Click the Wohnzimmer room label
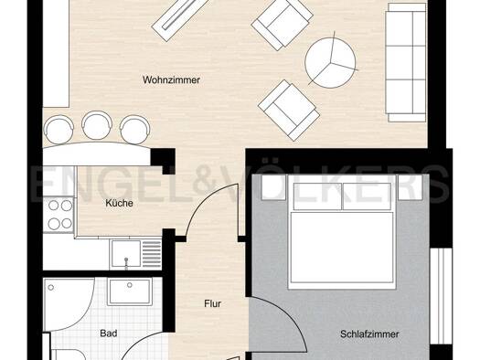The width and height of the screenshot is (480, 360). (171, 80)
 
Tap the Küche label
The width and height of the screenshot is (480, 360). (119, 203)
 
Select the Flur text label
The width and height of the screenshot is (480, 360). (212, 303)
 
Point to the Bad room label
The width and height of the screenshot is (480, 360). (109, 334)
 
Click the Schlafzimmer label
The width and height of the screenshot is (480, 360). (369, 334)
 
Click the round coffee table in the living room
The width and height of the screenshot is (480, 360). (330, 63)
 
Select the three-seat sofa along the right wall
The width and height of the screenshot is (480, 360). (407, 62)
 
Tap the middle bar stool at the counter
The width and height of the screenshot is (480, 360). (97, 124)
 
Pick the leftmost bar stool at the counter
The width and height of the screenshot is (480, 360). (59, 129)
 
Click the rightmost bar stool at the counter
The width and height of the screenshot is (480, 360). (134, 129)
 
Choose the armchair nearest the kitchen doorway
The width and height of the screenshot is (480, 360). (289, 111)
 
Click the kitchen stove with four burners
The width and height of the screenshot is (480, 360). (59, 215)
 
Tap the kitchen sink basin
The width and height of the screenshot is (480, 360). (126, 253)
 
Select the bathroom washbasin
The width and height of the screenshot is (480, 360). (130, 291)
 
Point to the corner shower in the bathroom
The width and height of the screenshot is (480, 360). (69, 304)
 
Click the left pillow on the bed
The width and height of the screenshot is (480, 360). (317, 196)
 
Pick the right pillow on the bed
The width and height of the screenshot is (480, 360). (367, 196)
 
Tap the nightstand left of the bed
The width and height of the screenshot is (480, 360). (273, 187)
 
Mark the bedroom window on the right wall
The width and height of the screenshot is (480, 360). (441, 295)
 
